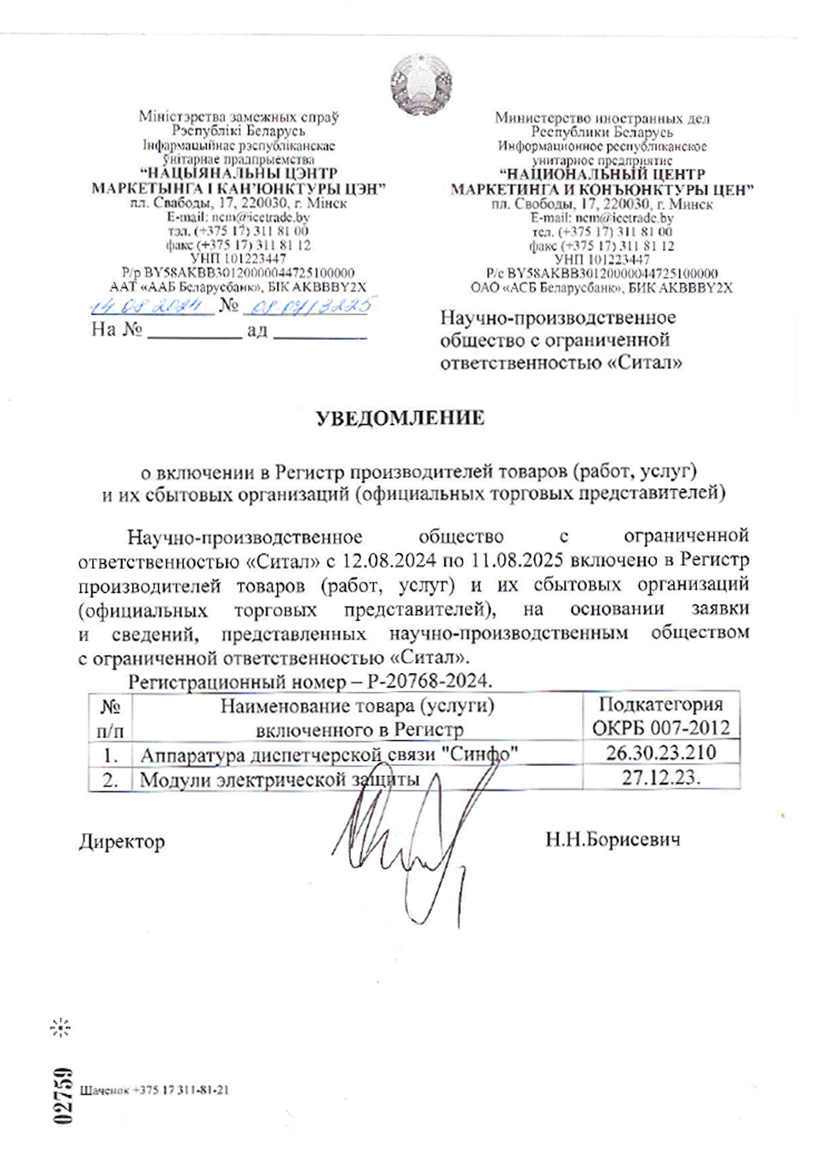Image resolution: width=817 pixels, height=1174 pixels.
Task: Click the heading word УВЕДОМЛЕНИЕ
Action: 400,417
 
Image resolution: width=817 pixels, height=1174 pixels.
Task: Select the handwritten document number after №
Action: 308,305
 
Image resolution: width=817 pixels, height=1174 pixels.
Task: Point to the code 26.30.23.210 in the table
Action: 660,752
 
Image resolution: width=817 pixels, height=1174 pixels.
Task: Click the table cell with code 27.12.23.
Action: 660,777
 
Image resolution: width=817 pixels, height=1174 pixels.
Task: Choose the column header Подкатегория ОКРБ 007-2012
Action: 660,716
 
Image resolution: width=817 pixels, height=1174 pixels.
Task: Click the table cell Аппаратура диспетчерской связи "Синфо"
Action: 329,754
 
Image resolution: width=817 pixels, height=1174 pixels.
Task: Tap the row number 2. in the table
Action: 110,779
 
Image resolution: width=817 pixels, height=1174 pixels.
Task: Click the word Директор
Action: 122,842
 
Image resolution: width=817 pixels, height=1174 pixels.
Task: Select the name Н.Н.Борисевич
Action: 613,840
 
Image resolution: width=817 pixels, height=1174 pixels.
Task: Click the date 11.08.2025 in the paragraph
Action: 518,561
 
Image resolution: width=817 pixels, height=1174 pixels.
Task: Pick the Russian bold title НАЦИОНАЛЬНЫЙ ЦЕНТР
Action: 601,175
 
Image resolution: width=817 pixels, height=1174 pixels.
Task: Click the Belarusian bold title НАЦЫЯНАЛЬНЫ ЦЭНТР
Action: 239,173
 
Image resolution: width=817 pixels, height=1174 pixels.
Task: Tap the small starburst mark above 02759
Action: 60,1027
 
